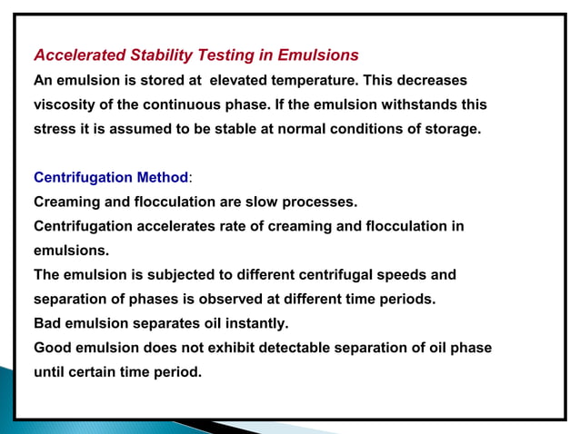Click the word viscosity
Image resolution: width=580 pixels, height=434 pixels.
[x=66, y=104]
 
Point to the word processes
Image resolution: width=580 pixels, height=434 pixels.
[x=325, y=202]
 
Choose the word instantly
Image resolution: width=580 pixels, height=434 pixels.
[x=256, y=322]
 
